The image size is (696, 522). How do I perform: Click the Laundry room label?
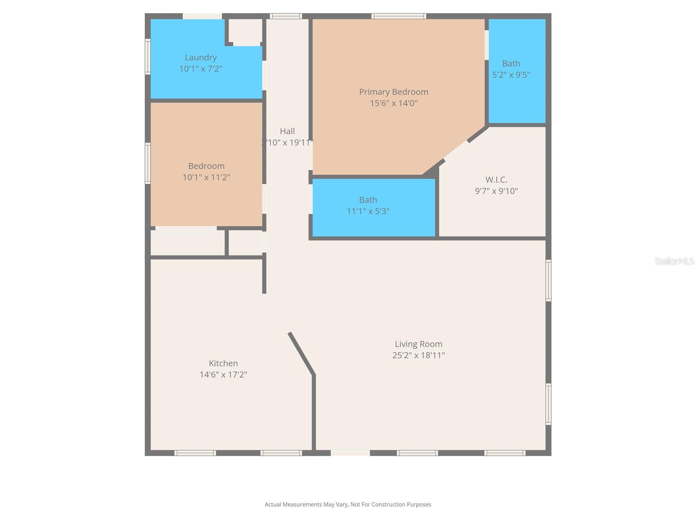point(201,57)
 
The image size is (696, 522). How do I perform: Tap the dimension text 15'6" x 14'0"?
point(394,103)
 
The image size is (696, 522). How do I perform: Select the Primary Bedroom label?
point(394,92)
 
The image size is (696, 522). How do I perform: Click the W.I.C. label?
point(496,180)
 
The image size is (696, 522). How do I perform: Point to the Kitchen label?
point(223,363)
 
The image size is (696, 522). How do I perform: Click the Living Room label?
point(418,344)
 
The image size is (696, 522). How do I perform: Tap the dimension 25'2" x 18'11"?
point(418,355)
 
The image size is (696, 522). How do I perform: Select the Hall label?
point(287,131)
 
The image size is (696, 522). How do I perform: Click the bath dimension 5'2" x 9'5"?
point(511,75)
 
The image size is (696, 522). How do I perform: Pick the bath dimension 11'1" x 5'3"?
point(368,211)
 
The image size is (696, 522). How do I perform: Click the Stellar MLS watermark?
point(674,261)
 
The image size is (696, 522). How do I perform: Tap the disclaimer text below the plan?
point(348,505)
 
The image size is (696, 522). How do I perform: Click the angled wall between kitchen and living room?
point(301,353)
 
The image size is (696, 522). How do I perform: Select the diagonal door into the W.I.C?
point(456,151)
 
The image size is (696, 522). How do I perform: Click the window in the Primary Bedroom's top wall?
point(398,17)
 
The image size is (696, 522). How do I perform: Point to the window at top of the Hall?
point(286,17)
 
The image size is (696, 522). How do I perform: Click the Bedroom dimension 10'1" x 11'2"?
point(206,177)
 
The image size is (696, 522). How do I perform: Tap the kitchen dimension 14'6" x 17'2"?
point(223,375)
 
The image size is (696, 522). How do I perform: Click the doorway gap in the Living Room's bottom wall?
point(350,453)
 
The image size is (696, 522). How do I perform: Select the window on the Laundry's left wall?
point(147,57)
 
